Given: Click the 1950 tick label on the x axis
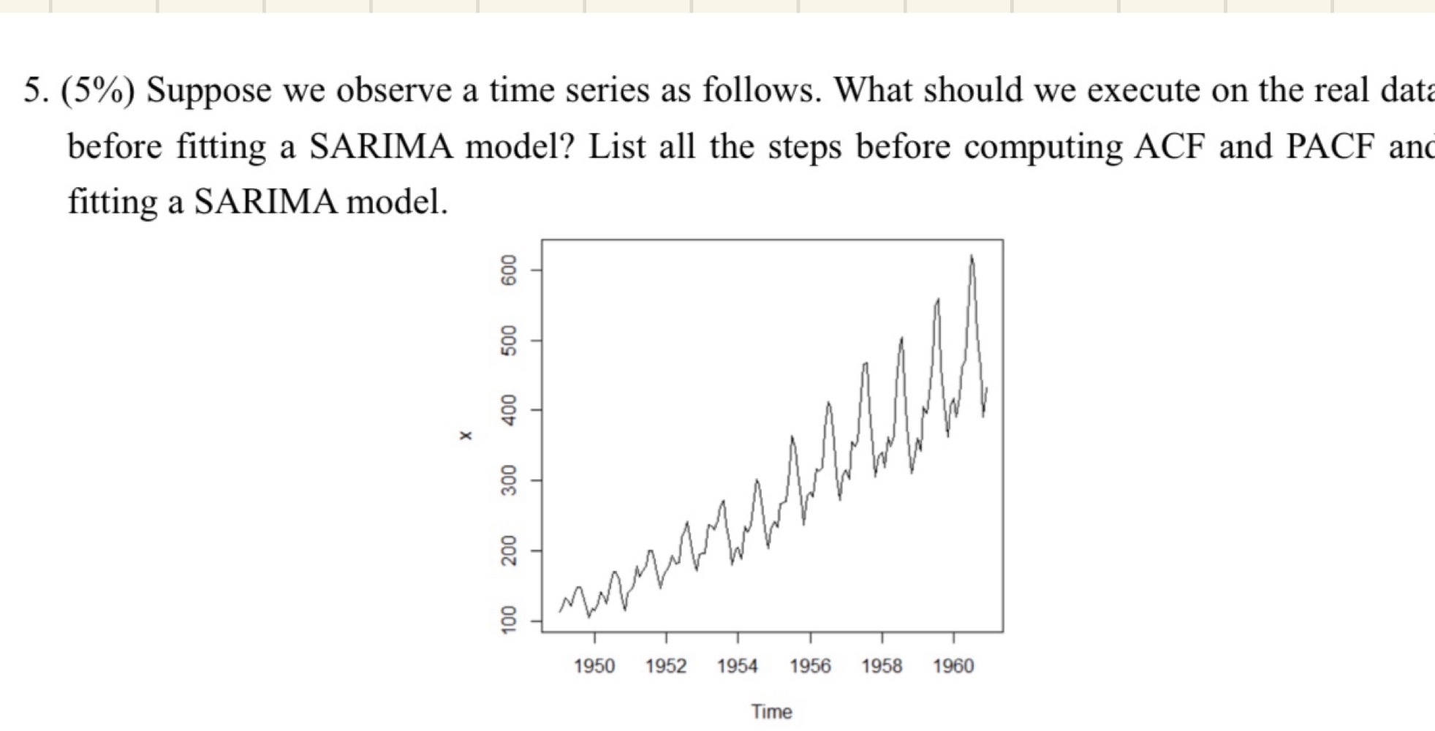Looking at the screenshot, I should coord(594,666).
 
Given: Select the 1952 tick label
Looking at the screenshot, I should coord(665,666).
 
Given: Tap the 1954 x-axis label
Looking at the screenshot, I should coord(737,666).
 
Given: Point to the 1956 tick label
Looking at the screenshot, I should coord(810,666).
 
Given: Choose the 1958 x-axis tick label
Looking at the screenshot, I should coord(882,666).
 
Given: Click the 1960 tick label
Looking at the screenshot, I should coord(953,666).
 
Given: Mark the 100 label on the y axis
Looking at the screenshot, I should coord(509,620).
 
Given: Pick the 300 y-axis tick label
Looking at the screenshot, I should coord(509,480).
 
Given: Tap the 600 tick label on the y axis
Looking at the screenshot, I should coord(509,270).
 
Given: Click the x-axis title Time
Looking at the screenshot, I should coord(771,711).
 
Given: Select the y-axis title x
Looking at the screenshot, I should coord(466,436).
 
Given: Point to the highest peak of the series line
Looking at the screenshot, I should coord(972,257).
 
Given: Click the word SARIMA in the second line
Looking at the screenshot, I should coord(382,147).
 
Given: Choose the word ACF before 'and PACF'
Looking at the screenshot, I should coord(1168,147).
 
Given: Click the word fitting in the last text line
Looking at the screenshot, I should coord(113,202).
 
